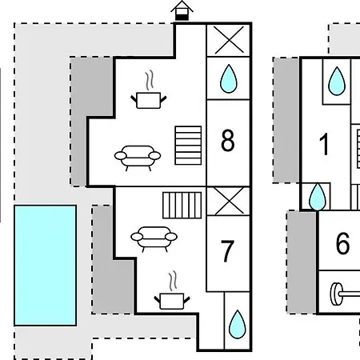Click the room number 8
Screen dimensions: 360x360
click(228, 141)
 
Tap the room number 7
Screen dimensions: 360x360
click(227, 250)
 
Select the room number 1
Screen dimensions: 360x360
click(324, 144)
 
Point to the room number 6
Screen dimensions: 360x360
click(342, 243)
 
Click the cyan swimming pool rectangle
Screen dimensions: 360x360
click(46, 266)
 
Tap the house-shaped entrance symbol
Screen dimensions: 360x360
click(182, 10)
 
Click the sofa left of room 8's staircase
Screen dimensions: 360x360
click(138, 158)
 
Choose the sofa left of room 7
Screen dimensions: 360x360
click(154, 239)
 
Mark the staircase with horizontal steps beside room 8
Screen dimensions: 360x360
click(188, 146)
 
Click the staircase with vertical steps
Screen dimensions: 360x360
click(182, 205)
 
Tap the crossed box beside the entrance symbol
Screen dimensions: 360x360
click(229, 40)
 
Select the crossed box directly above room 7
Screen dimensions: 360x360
click(229, 202)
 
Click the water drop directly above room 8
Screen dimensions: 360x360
click(229, 78)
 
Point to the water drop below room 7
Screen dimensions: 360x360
click(238, 324)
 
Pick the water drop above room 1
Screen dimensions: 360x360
click(337, 81)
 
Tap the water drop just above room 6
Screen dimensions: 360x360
click(318, 197)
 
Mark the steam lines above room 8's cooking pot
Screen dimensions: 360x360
click(150, 80)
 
